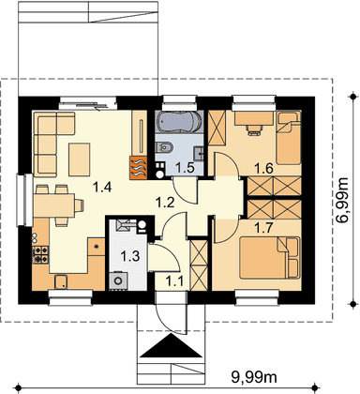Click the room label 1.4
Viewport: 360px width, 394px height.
(x=102, y=188)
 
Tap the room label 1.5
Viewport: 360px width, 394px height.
(x=185, y=168)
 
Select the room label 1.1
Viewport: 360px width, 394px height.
(x=174, y=282)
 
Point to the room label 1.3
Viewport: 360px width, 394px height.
(x=130, y=256)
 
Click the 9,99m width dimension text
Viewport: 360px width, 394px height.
(x=254, y=377)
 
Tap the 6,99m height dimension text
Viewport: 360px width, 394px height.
(x=342, y=200)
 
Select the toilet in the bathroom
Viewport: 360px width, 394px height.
(x=164, y=146)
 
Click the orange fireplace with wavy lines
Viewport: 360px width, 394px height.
(x=138, y=168)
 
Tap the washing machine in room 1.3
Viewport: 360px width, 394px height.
(x=118, y=280)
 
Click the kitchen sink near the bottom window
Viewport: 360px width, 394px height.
(x=62, y=281)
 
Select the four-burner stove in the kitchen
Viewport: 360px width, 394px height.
(x=41, y=254)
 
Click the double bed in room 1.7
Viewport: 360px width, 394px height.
(x=269, y=258)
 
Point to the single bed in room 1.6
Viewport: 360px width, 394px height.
(x=289, y=138)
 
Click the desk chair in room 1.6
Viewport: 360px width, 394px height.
(x=254, y=129)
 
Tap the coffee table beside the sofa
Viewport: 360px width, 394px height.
(x=80, y=159)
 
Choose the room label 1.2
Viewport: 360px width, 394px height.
(x=165, y=203)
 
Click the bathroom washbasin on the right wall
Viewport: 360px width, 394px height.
(x=199, y=153)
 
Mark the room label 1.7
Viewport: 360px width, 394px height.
(x=263, y=229)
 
